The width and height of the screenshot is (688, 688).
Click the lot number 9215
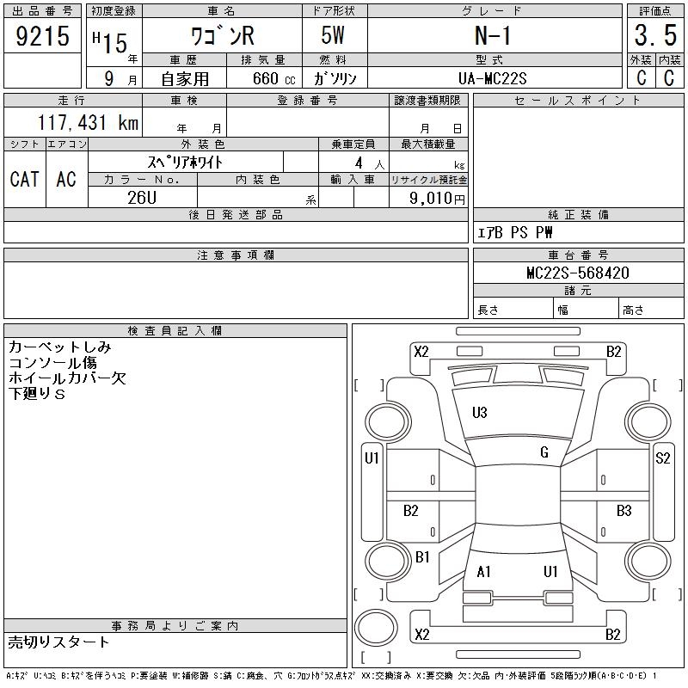pyautogui.click(x=42, y=37)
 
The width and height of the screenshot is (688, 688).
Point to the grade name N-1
pyautogui.click(x=494, y=37)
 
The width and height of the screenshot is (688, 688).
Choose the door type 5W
pyautogui.click(x=335, y=37)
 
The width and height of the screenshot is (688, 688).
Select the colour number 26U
pyautogui.click(x=142, y=197)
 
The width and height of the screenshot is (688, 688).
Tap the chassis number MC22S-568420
pyautogui.click(x=578, y=273)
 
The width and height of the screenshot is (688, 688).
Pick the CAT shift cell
pyautogui.click(x=24, y=179)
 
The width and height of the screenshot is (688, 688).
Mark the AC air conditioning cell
pyautogui.click(x=66, y=179)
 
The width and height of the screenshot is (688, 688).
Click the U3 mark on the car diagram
pyautogui.click(x=480, y=413)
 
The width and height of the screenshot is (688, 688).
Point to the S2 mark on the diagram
pyautogui.click(x=662, y=458)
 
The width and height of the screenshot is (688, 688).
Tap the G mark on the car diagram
pyautogui.click(x=544, y=452)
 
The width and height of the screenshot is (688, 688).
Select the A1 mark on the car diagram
pyautogui.click(x=483, y=572)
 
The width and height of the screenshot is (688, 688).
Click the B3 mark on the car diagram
pyautogui.click(x=624, y=511)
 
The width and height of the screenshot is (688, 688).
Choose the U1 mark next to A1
pyautogui.click(x=550, y=572)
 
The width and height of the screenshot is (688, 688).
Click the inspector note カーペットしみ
pyautogui.click(x=59, y=348)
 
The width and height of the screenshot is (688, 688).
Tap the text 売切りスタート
pyautogui.click(x=59, y=642)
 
